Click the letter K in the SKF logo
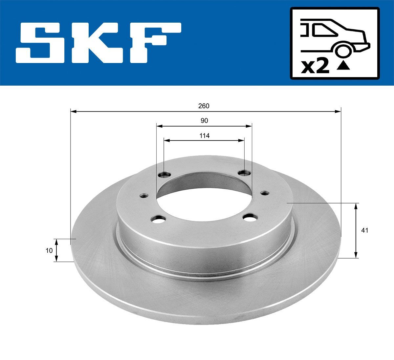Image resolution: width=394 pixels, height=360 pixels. click(98, 43)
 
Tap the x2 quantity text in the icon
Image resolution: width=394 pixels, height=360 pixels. click(315, 67)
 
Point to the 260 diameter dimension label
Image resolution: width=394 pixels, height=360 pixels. click(204, 106)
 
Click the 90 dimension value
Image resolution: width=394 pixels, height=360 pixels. click(204, 121)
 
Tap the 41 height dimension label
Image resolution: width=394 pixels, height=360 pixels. click(364, 230)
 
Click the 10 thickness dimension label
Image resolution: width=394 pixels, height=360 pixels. click(49, 250)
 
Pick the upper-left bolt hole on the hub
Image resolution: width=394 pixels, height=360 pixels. click(164, 174)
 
